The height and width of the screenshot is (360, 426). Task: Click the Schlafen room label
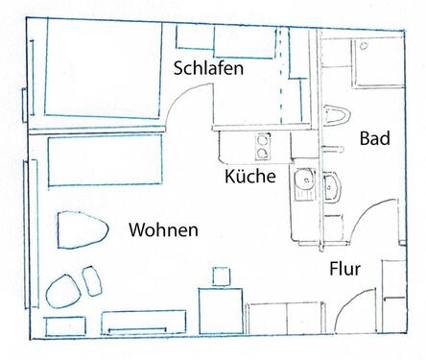(x=208, y=69)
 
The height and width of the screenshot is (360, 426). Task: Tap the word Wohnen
(x=163, y=230)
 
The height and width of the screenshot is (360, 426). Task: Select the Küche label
(x=250, y=177)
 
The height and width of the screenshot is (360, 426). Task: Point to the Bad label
(x=374, y=139)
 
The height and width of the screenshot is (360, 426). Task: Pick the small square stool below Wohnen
(x=220, y=276)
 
